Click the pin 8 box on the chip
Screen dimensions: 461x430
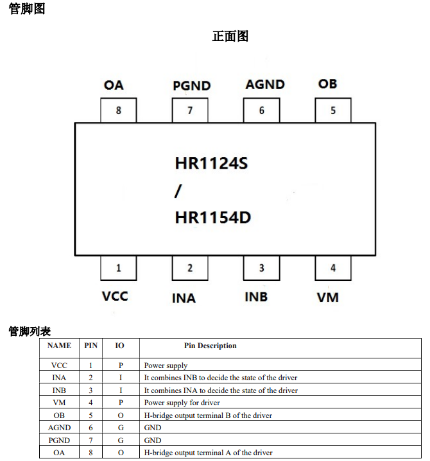coord(119,110)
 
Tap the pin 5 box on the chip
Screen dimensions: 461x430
coord(333,110)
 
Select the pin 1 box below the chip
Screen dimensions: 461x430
coord(119,268)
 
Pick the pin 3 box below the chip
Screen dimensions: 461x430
coord(261,268)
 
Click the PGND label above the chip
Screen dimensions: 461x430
coord(191,86)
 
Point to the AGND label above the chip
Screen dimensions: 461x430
coord(265,85)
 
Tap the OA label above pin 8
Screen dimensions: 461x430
coord(114,85)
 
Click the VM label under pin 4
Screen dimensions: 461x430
coord(328,298)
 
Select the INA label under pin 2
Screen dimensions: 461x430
coord(184,298)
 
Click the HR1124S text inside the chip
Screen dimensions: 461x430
coord(211,164)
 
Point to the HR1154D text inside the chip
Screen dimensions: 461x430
coord(212,218)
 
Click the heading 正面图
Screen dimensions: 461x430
coord(230,37)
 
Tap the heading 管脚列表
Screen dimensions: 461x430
coord(30,331)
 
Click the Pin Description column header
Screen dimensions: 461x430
coord(210,346)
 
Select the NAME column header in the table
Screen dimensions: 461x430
coord(59,346)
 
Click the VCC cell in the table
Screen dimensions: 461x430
coord(59,365)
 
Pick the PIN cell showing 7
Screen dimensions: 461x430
coord(90,440)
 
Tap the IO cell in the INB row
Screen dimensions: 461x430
coord(120,390)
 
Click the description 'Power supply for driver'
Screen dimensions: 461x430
coord(182,403)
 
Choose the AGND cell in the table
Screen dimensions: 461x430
coord(59,428)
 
